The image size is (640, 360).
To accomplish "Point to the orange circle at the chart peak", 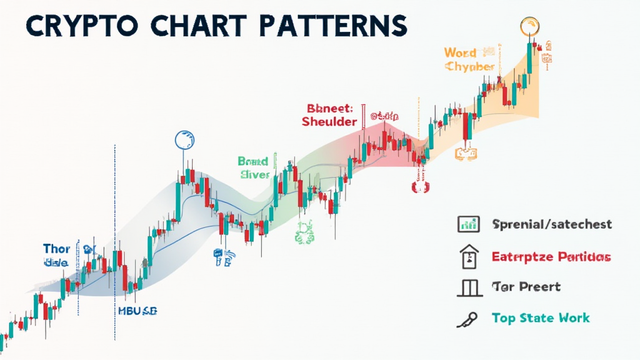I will pyautogui.click(x=529, y=27).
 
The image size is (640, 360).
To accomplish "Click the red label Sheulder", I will pyautogui.click(x=329, y=121).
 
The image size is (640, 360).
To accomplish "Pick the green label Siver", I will pyautogui.click(x=254, y=176).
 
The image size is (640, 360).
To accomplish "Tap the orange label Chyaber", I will pyautogui.click(x=470, y=67).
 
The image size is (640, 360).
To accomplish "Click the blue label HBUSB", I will pyautogui.click(x=137, y=310).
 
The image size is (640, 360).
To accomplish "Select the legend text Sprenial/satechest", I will pyautogui.click(x=552, y=224).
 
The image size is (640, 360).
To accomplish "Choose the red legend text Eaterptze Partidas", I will pyautogui.click(x=551, y=256).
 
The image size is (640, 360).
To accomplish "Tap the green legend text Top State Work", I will pyautogui.click(x=540, y=318).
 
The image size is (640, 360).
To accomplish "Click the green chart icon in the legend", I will pyautogui.click(x=468, y=223).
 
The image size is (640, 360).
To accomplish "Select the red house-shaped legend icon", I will pyautogui.click(x=469, y=256).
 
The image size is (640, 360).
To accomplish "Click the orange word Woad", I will pyautogui.click(x=460, y=52).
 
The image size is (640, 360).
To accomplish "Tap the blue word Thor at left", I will pyautogui.click(x=57, y=248).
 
